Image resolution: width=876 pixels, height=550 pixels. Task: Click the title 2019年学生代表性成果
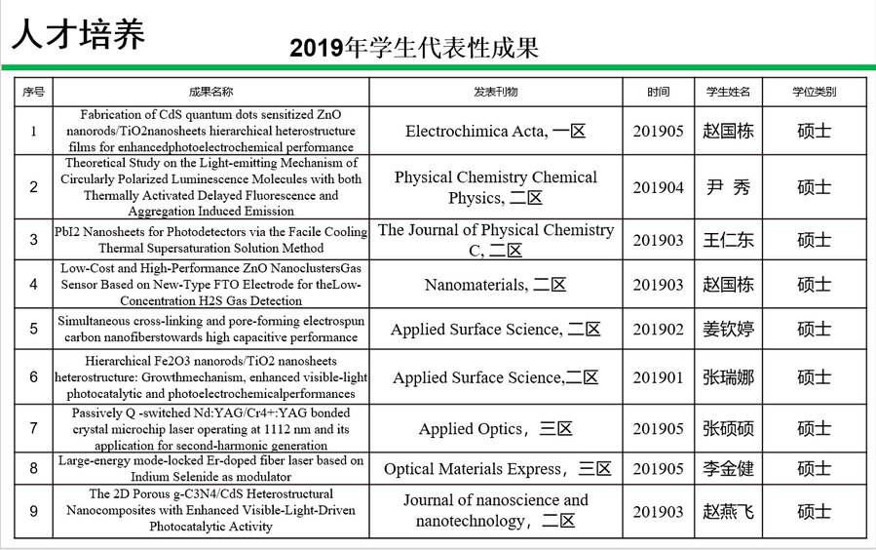[414, 49]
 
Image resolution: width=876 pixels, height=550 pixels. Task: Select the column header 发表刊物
[495, 92]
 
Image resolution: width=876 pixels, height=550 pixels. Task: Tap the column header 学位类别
[814, 92]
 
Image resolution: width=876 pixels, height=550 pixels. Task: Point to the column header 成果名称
[210, 92]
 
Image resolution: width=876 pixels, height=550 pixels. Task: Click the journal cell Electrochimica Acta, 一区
[495, 131]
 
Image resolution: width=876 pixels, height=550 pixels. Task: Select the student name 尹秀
[728, 187]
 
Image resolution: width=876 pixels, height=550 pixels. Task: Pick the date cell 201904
[659, 187]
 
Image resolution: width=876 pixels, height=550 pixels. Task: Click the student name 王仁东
[728, 240]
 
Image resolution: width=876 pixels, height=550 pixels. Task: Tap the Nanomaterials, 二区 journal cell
[495, 285]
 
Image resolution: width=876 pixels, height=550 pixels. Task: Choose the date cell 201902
[659, 330]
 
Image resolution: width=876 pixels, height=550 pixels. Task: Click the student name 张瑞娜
[728, 377]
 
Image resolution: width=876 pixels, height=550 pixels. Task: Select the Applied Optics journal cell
[495, 429]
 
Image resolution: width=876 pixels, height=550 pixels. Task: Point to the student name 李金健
[728, 469]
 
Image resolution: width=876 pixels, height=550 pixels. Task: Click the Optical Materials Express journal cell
[497, 469]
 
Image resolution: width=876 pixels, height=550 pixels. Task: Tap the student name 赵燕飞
[728, 511]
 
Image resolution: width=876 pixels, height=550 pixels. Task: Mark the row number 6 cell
[34, 377]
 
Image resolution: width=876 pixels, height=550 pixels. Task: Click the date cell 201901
[659, 377]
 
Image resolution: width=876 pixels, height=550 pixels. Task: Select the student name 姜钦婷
[728, 330]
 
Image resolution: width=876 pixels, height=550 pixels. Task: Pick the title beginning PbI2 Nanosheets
[210, 240]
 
